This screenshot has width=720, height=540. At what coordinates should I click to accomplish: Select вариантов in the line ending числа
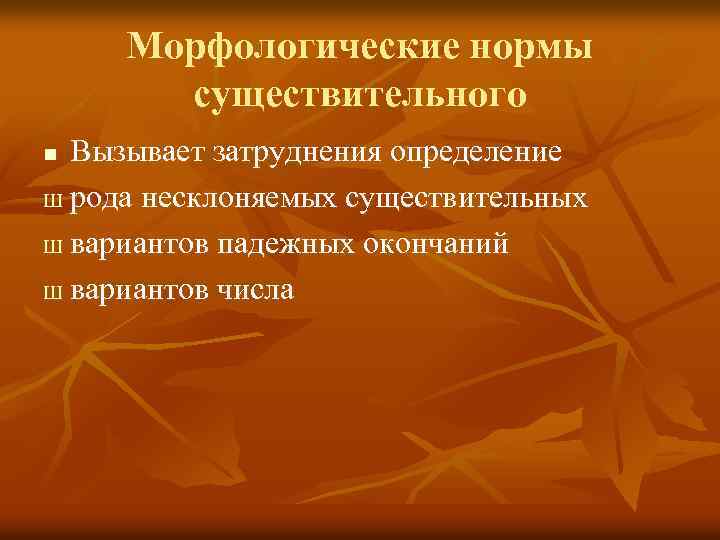141,290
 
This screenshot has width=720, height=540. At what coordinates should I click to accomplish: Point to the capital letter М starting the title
144,46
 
